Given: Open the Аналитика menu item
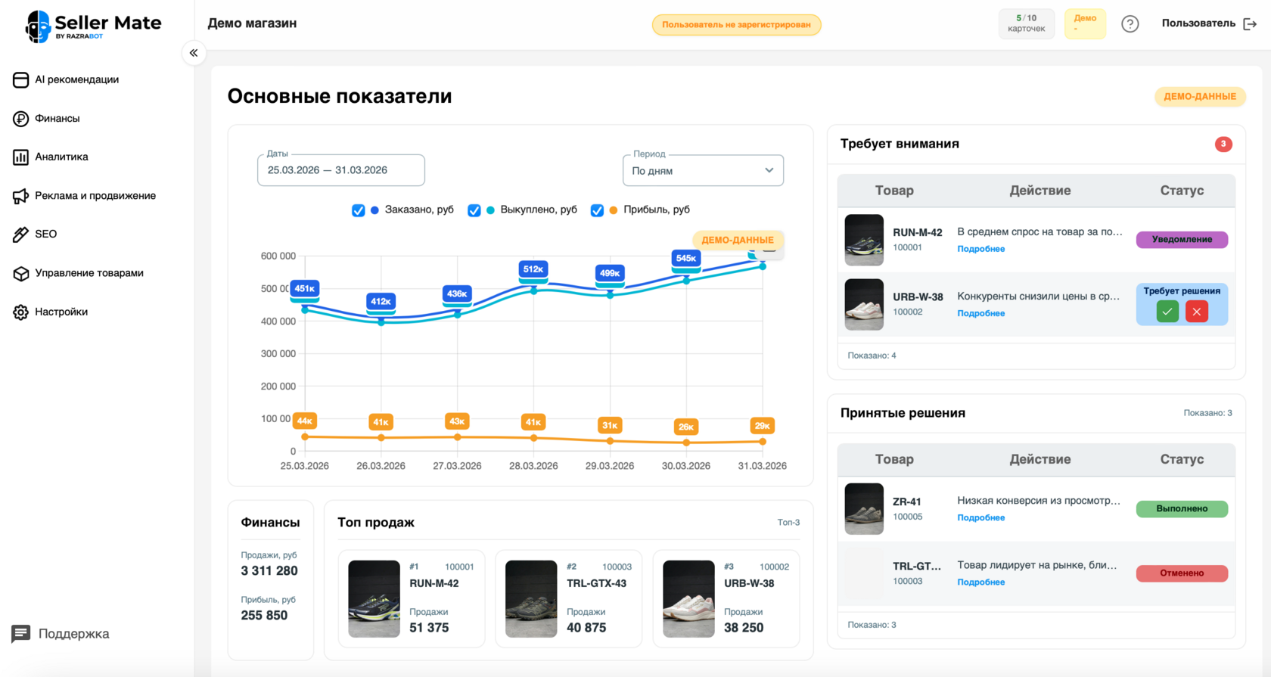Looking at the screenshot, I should coord(61,157).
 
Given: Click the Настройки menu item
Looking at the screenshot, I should coord(61,312).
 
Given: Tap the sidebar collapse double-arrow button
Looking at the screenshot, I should coord(194,53).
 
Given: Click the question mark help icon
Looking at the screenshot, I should coord(1130,24).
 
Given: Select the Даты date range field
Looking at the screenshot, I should coord(340,170).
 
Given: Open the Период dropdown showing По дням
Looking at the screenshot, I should coord(703,171).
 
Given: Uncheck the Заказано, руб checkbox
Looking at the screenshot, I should coord(359,210).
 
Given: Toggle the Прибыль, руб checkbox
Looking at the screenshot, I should coord(597,210).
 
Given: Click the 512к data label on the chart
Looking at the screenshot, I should coord(533,269).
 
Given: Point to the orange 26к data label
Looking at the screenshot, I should coord(685,427).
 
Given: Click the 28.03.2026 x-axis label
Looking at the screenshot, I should coord(533,466).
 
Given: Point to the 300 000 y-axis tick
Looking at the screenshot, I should coord(278,354).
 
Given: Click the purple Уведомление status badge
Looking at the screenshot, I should coord(1182,240).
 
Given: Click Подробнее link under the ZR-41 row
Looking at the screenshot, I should coord(980,518).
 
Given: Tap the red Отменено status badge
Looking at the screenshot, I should coord(1182,573).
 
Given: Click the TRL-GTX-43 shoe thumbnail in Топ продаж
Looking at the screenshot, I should coord(531,598).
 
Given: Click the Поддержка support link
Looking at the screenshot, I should coord(73,634).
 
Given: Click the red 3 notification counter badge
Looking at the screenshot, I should coord(1223,144).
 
